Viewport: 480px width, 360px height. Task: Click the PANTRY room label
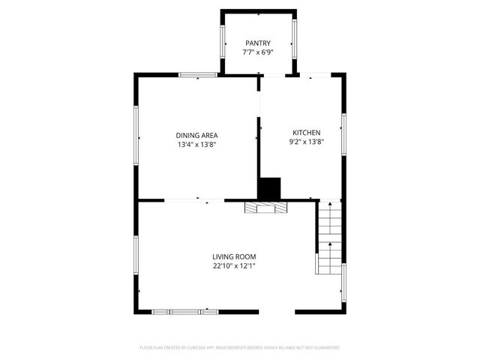pyautogui.click(x=257, y=43)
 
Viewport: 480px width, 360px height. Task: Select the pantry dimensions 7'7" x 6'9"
pyautogui.click(x=257, y=53)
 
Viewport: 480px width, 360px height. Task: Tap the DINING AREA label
pyautogui.click(x=196, y=135)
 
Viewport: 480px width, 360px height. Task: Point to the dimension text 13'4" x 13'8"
pyautogui.click(x=196, y=145)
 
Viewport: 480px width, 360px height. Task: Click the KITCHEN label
pyautogui.click(x=306, y=131)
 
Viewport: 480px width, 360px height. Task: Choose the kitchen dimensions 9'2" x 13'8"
pyautogui.click(x=306, y=141)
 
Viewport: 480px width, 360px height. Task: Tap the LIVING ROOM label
pyautogui.click(x=234, y=256)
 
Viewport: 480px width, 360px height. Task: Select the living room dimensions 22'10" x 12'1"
pyautogui.click(x=234, y=266)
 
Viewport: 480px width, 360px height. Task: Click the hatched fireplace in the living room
pyautogui.click(x=265, y=208)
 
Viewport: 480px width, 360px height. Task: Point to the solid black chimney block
pyautogui.click(x=268, y=188)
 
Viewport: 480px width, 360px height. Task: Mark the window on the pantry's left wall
pyautogui.click(x=223, y=42)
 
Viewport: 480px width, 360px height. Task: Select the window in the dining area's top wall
pyautogui.click(x=198, y=74)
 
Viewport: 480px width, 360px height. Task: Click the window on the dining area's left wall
pyautogui.click(x=136, y=136)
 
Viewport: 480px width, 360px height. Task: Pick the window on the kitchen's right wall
pyautogui.click(x=343, y=136)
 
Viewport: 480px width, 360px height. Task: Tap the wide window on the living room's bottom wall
pyautogui.click(x=184, y=311)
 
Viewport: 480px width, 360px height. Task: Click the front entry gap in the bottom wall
pyautogui.click(x=277, y=311)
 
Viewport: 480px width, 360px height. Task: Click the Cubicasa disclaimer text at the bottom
pyautogui.click(x=240, y=348)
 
